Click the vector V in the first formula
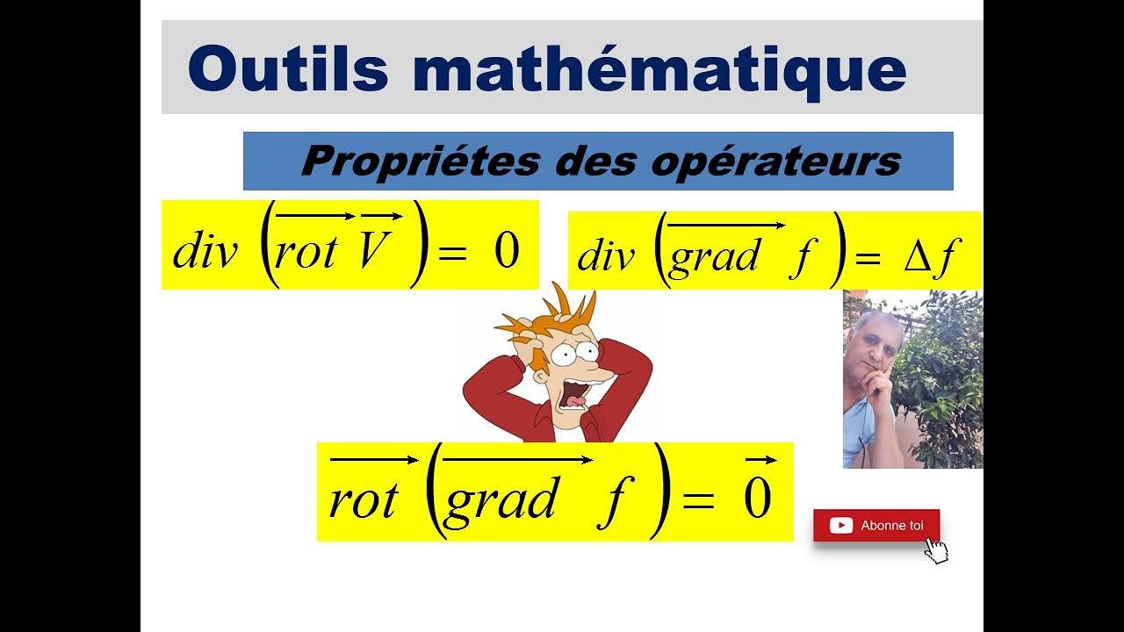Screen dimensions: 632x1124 374,251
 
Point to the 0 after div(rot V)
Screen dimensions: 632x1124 507,251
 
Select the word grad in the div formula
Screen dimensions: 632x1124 712,258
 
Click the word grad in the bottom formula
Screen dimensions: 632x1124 500,499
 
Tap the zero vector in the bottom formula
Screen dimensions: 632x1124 757,497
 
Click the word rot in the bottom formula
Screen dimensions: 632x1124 363,499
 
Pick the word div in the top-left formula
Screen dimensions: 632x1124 205,252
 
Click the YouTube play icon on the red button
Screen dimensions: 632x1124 840,526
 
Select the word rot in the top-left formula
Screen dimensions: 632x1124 306,252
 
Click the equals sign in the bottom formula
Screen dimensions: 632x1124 699,500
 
